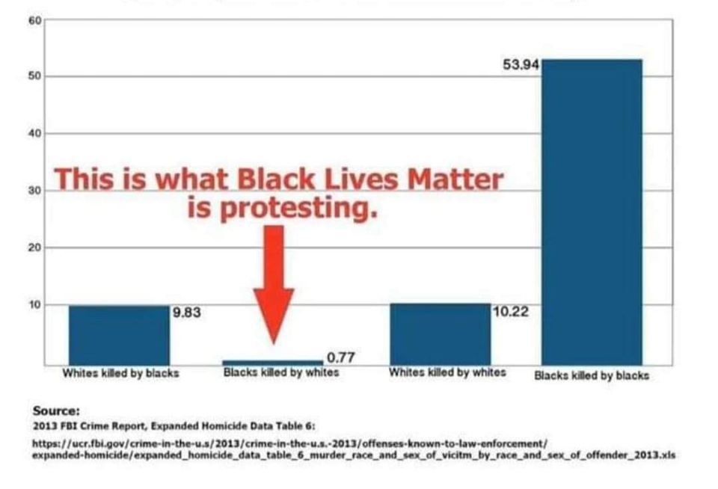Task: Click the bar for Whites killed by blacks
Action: (119, 334)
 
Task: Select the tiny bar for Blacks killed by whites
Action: (272, 363)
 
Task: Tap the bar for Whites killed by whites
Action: (441, 333)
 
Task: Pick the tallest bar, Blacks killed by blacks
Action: (592, 212)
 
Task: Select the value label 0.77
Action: (341, 358)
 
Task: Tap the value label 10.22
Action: (510, 310)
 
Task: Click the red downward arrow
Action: (274, 280)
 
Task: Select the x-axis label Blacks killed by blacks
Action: (591, 375)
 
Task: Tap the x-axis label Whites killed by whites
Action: (447, 372)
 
